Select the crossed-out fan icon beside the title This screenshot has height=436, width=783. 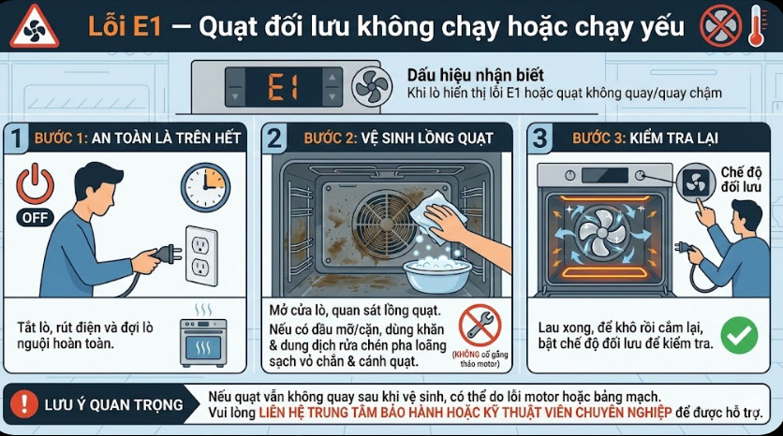point(720,26)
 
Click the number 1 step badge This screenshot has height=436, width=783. point(14,139)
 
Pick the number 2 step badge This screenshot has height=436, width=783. point(273,139)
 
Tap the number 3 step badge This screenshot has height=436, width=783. point(540,139)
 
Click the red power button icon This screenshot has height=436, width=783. point(36,183)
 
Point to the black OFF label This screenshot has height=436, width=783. point(36,218)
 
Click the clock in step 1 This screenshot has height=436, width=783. point(205,187)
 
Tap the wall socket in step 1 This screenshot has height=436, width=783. point(201,254)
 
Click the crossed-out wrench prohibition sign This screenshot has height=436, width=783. point(480,326)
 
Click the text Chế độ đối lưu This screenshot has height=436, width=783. point(742,181)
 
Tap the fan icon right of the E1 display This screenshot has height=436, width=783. point(371,86)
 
